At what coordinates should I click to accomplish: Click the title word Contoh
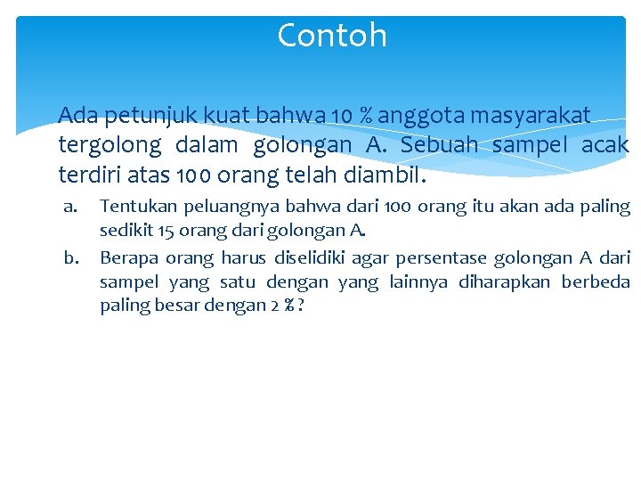click(332, 36)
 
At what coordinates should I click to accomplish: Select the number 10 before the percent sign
click(339, 116)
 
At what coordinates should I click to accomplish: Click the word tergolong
click(110, 144)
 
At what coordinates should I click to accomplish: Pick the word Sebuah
click(441, 144)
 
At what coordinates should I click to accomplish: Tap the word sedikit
click(125, 232)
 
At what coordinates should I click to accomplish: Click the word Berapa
click(128, 258)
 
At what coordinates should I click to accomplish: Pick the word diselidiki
click(304, 258)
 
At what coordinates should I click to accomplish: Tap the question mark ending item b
click(303, 306)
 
